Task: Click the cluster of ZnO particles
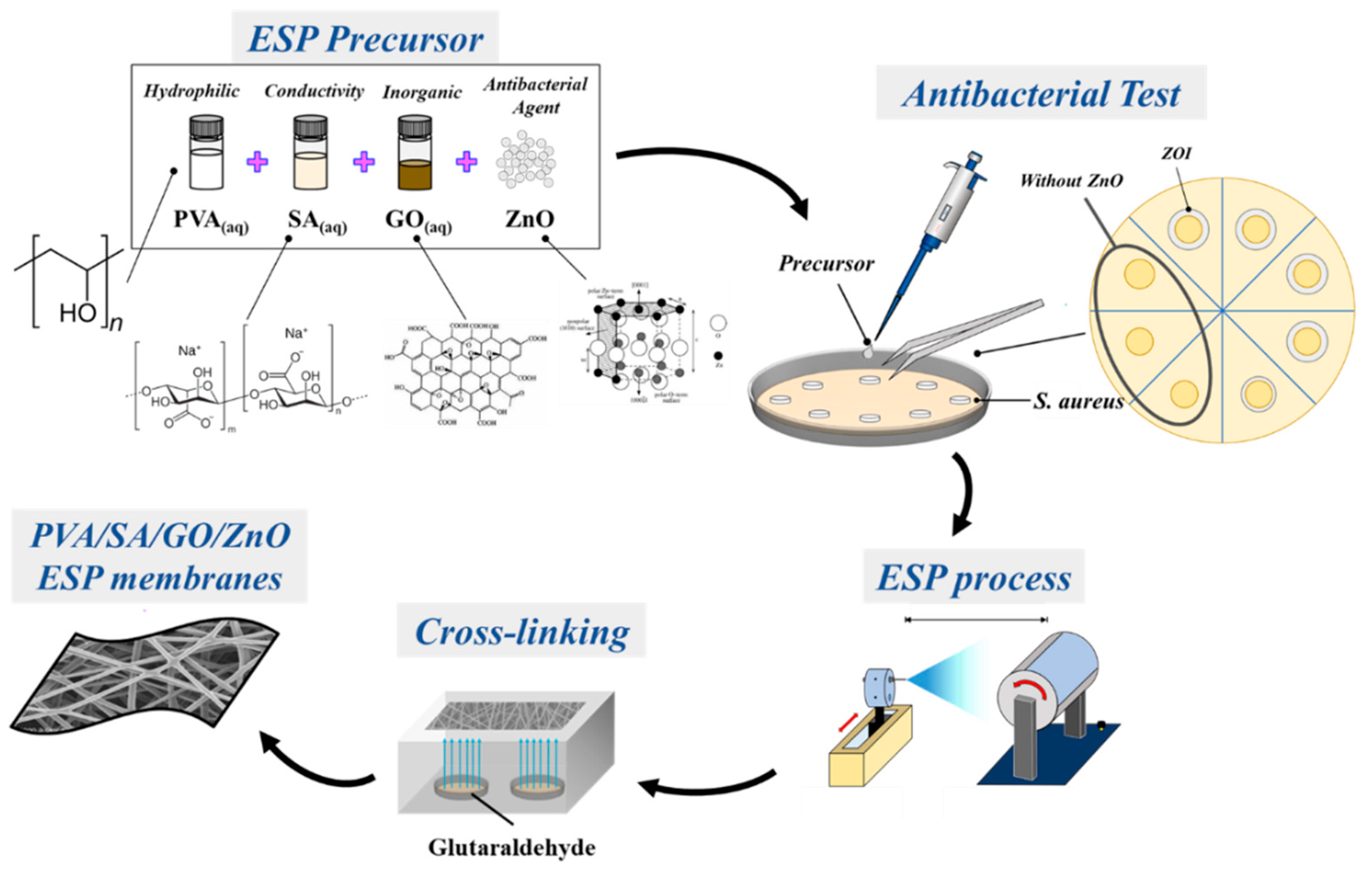[525, 160]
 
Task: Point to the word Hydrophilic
[192, 91]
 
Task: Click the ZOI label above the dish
[1176, 153]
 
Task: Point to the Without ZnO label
[1071, 181]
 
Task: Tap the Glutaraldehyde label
[512, 847]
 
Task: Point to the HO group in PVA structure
[78, 312]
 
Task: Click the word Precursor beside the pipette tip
[826, 264]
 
